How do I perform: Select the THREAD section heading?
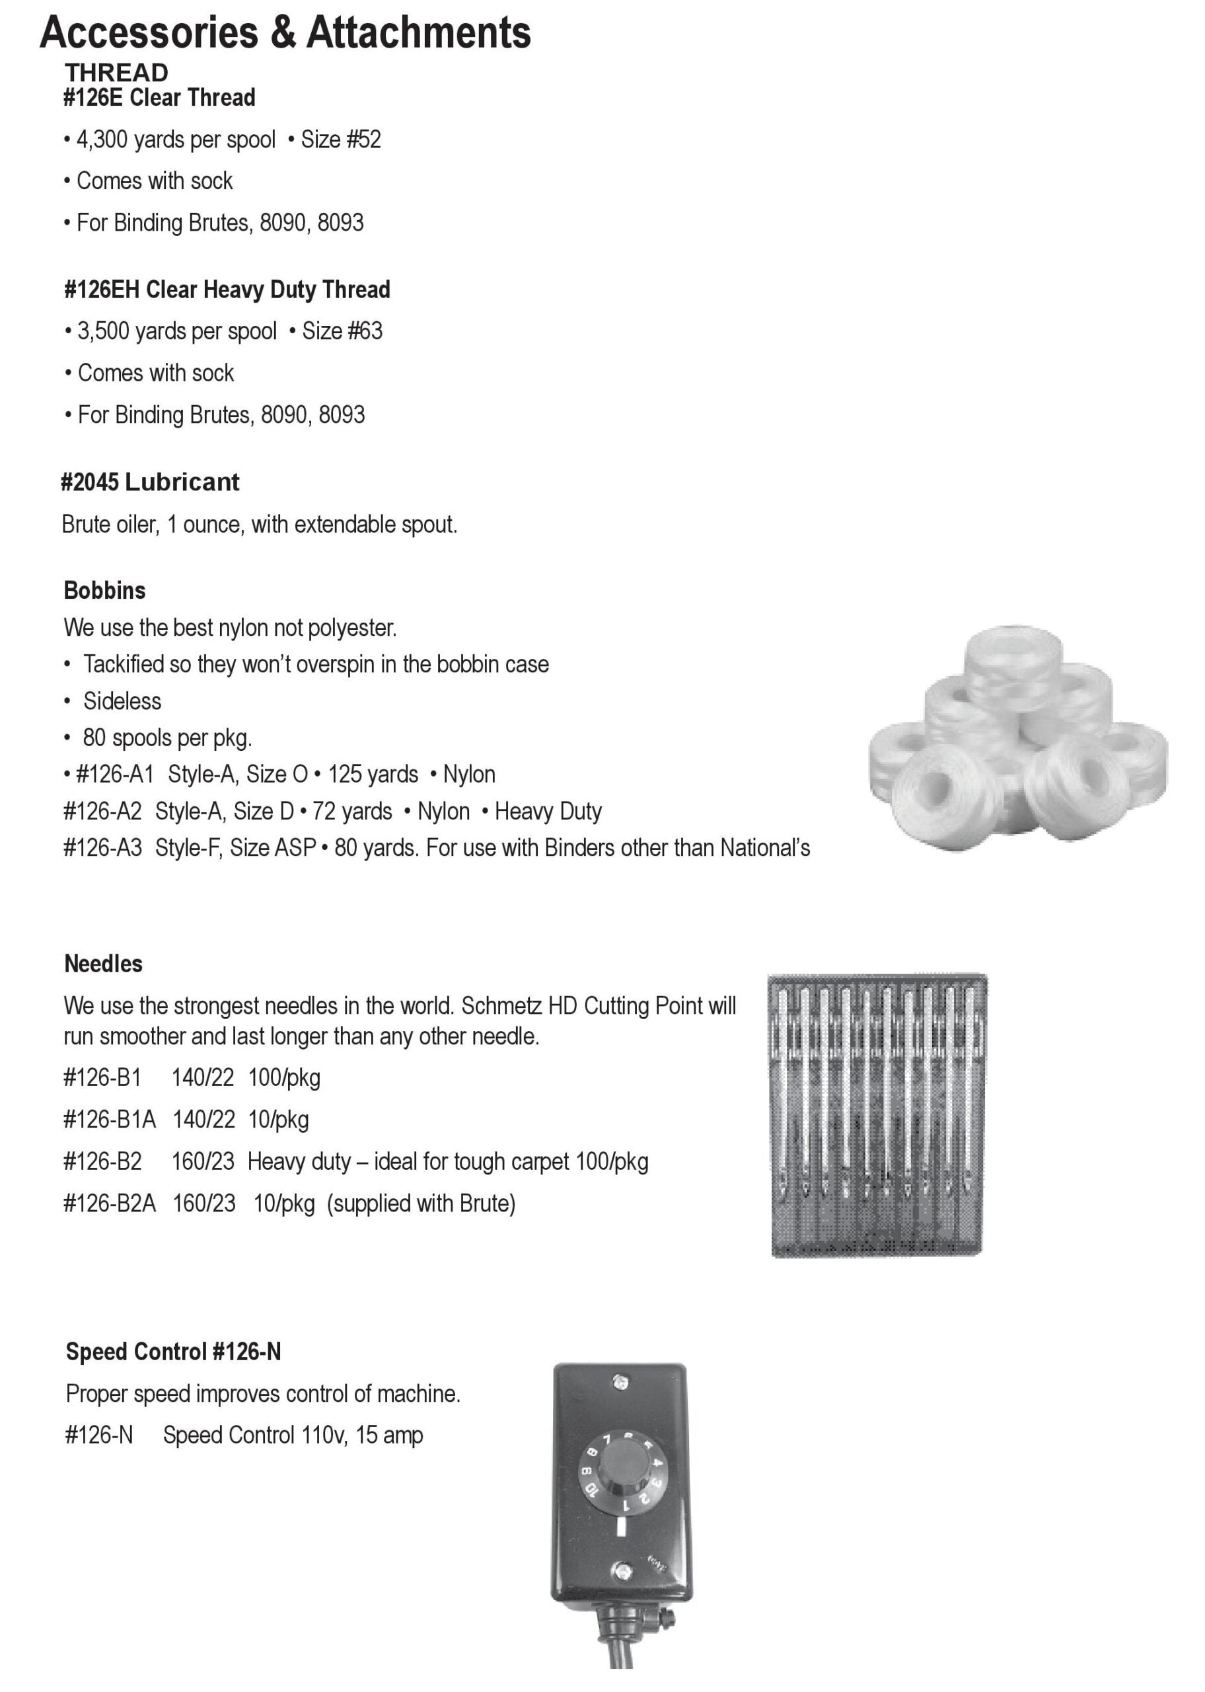point(116,73)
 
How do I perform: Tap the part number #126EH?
point(102,289)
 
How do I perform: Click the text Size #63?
point(342,331)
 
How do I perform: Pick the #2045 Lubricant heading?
point(150,482)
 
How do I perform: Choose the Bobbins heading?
point(104,591)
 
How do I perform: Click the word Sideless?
point(122,701)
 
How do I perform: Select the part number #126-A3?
point(102,847)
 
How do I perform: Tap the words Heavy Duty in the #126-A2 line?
point(548,811)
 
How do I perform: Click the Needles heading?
point(103,964)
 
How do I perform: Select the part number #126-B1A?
point(110,1119)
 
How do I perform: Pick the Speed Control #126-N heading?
point(174,1352)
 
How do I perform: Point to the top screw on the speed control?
point(620,1383)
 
